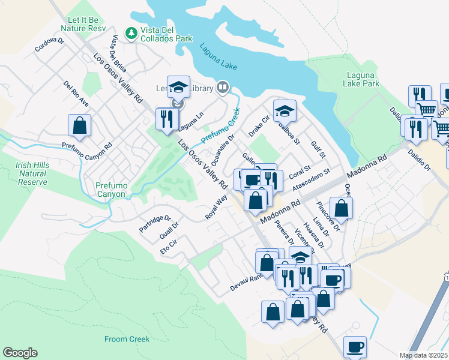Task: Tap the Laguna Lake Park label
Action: coord(363,79)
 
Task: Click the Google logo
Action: coord(20,353)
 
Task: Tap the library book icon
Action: coord(222,88)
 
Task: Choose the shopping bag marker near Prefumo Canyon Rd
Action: coord(79,126)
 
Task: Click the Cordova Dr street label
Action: coord(49,46)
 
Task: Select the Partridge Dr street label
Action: coord(155,224)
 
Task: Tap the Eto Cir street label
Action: coord(169,246)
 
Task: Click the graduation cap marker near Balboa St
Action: coord(285,110)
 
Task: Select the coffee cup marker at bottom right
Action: coord(354,347)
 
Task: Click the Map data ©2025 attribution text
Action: coord(424,355)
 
